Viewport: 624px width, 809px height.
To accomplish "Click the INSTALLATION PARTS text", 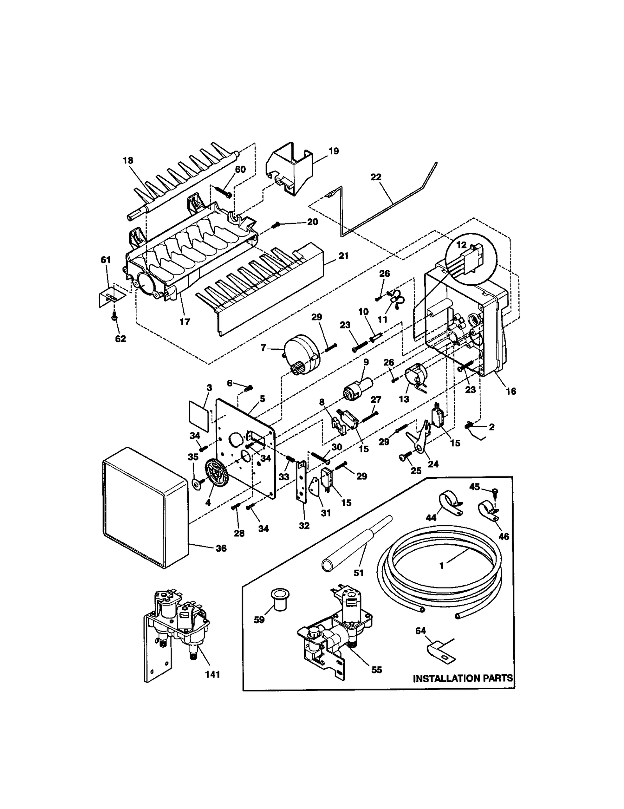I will (463, 678).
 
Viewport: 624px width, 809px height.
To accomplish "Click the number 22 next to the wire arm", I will (375, 177).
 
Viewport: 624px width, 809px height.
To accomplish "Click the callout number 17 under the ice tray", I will (184, 321).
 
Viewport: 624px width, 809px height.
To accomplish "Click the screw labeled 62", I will (115, 318).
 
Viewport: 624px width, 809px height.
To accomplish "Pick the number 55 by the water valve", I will (376, 669).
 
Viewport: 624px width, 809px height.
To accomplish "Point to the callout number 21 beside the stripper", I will (343, 256).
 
